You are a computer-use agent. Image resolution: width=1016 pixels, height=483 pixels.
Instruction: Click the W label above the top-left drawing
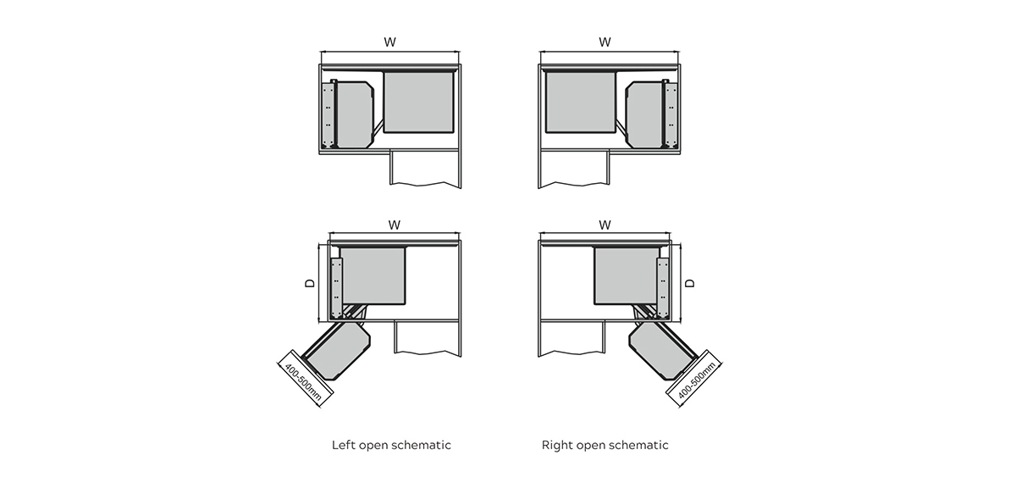(x=390, y=41)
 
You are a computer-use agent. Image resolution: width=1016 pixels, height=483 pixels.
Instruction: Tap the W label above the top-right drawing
(x=605, y=41)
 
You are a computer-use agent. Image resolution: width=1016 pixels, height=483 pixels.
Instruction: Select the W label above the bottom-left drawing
(x=395, y=225)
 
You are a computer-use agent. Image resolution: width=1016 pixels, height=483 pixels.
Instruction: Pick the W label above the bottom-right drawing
(x=605, y=225)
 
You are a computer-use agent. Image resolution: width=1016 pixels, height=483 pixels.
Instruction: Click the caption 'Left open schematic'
(x=391, y=445)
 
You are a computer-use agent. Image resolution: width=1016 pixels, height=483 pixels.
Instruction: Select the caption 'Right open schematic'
(x=605, y=445)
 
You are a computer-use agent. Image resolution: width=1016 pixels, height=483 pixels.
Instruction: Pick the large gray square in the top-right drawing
(x=581, y=103)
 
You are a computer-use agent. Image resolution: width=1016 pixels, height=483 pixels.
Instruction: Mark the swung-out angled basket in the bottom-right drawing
(x=662, y=349)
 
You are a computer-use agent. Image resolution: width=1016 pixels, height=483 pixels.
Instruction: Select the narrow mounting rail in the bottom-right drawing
(x=664, y=284)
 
